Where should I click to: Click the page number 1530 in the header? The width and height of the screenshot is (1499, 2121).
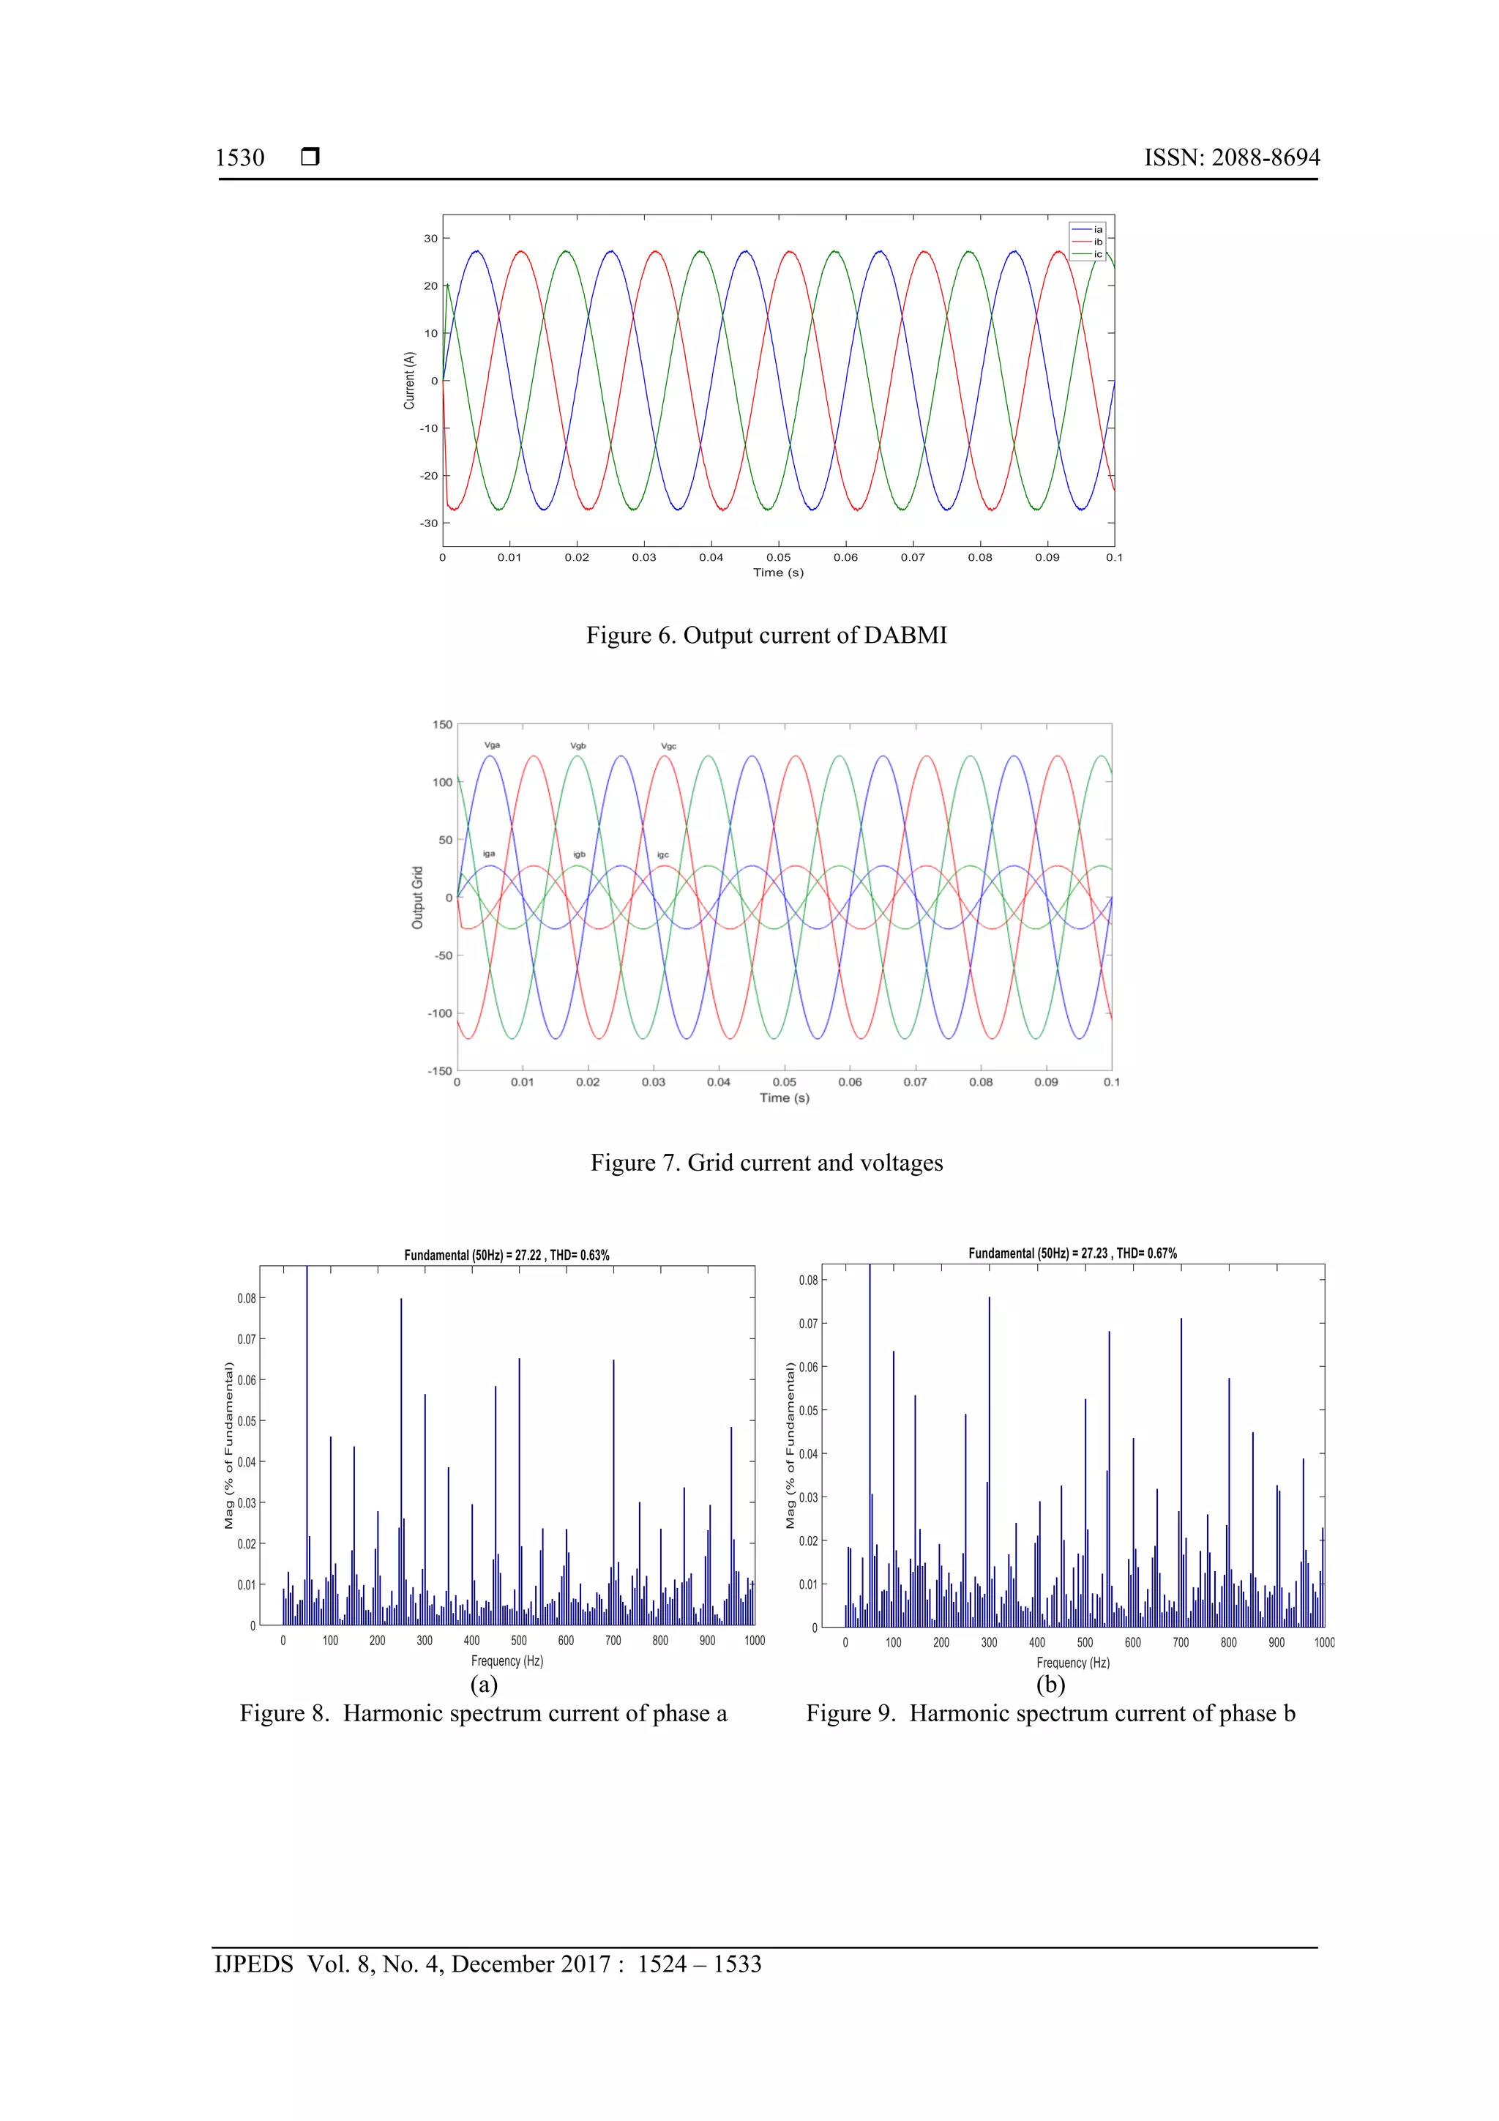tap(239, 158)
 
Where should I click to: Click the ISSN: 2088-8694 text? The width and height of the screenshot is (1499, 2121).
tap(1231, 158)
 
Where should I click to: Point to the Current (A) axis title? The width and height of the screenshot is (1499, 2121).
tap(409, 380)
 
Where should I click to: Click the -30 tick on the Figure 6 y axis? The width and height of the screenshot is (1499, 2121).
tap(430, 523)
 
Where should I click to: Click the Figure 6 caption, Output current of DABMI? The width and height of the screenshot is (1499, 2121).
tap(766, 635)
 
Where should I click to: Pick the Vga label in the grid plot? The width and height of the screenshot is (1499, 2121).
tap(493, 745)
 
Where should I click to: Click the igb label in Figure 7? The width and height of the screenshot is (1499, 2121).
tap(579, 854)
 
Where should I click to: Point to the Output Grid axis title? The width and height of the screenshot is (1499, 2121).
tap(417, 897)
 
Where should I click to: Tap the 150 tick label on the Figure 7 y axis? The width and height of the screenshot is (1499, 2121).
tap(442, 725)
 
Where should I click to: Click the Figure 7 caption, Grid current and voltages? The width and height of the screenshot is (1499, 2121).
tap(766, 1163)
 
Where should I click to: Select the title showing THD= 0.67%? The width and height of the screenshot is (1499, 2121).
tap(1072, 1253)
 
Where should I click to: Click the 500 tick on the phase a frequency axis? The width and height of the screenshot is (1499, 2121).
tap(519, 1641)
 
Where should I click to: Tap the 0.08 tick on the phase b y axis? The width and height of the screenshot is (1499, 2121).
tap(808, 1281)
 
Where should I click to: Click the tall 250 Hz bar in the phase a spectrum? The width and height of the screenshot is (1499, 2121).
tap(401, 1460)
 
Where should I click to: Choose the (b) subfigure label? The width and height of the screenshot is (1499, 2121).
tap(1050, 1684)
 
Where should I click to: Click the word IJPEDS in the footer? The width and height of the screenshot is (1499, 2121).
tap(254, 1965)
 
